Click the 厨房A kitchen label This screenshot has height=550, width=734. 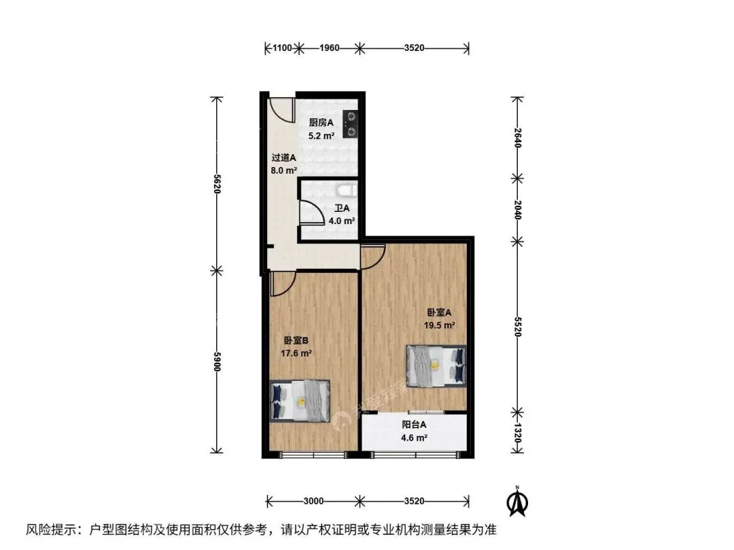click(x=321, y=122)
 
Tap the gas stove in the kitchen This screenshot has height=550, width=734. click(x=350, y=124)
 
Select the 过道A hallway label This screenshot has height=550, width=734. click(x=283, y=158)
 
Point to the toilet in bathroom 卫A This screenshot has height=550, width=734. click(x=346, y=189)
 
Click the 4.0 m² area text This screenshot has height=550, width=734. click(x=342, y=221)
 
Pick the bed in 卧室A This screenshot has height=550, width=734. click(x=436, y=366)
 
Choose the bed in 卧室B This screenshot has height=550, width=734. click(x=300, y=401)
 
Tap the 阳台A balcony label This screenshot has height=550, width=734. click(x=415, y=424)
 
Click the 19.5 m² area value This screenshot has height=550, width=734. click(x=440, y=325)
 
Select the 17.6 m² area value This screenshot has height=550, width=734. click(x=296, y=353)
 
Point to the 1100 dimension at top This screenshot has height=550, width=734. click(x=282, y=48)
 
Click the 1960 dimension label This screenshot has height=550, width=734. click(x=329, y=48)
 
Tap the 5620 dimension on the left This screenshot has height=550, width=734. click(x=217, y=184)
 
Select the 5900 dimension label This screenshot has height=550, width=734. click(x=217, y=361)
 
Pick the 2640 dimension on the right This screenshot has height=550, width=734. click(x=517, y=137)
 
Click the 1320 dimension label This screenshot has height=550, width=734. click(x=517, y=433)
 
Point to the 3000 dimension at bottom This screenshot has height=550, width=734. click(x=313, y=501)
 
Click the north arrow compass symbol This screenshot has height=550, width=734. click(x=517, y=501)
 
